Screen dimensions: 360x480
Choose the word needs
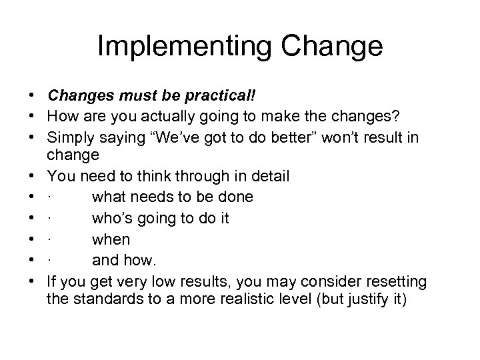(x=147, y=197)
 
